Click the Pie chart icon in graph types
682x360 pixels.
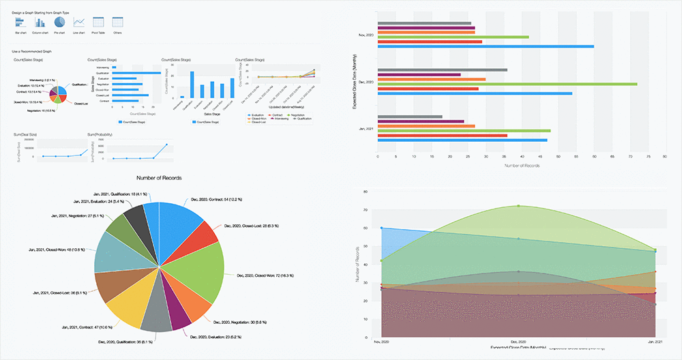[59, 22]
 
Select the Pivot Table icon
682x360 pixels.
[98, 22]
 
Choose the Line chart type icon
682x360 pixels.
[79, 22]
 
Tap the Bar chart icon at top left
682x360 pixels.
[20, 22]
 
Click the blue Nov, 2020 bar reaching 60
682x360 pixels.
[485, 46]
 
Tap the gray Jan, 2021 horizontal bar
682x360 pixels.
[409, 117]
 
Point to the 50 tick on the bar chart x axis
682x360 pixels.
[557, 157]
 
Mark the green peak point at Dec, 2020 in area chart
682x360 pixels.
[518, 206]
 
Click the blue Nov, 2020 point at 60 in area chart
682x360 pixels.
[382, 228]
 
